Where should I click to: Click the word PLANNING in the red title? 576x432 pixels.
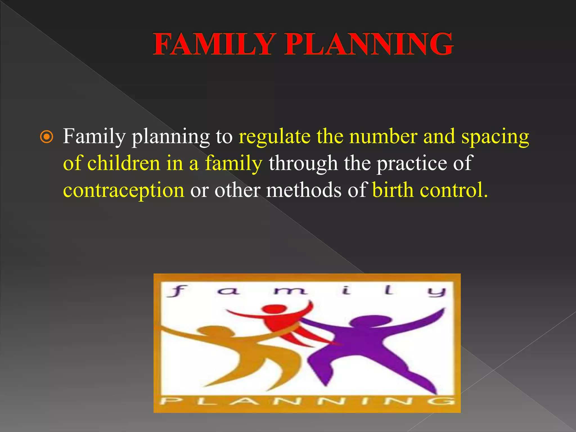368,44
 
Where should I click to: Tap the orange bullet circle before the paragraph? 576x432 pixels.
46,138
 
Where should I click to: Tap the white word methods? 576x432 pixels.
304,190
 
